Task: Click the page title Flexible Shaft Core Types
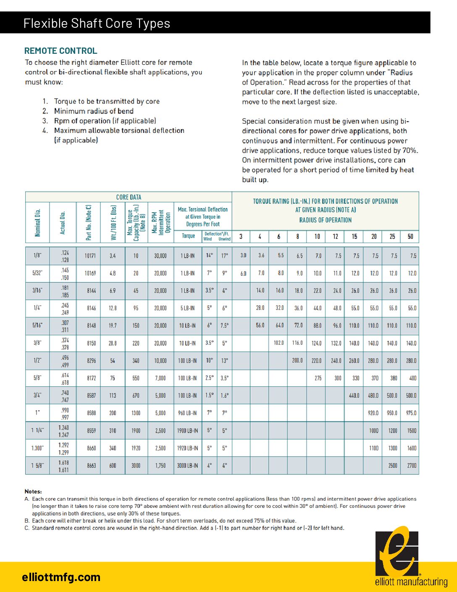[x=97, y=23]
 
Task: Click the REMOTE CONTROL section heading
[x=61, y=51]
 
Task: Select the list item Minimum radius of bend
[x=94, y=111]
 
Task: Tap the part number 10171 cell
[x=90, y=256]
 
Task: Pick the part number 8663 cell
[x=92, y=466]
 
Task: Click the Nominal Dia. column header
[x=38, y=222]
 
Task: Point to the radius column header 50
[x=410, y=236]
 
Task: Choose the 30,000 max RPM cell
[x=160, y=256]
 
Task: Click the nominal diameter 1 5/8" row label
[x=38, y=466]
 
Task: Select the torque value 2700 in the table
[x=412, y=466]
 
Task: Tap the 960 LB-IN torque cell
[x=187, y=413]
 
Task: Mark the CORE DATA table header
[x=129, y=197]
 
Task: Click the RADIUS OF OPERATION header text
[x=325, y=220]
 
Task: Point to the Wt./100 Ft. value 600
[x=113, y=466]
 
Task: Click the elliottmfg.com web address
[x=61, y=577]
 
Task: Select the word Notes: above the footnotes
[x=33, y=492]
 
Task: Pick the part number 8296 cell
[x=92, y=361]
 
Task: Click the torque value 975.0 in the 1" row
[x=411, y=413]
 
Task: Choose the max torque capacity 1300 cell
[x=136, y=413]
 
